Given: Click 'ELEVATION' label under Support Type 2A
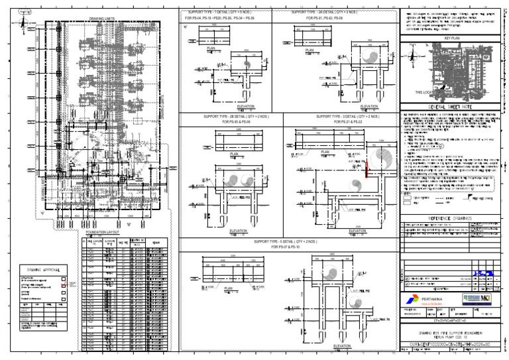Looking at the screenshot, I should [369, 106].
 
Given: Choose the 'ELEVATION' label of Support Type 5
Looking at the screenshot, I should [343, 346].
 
